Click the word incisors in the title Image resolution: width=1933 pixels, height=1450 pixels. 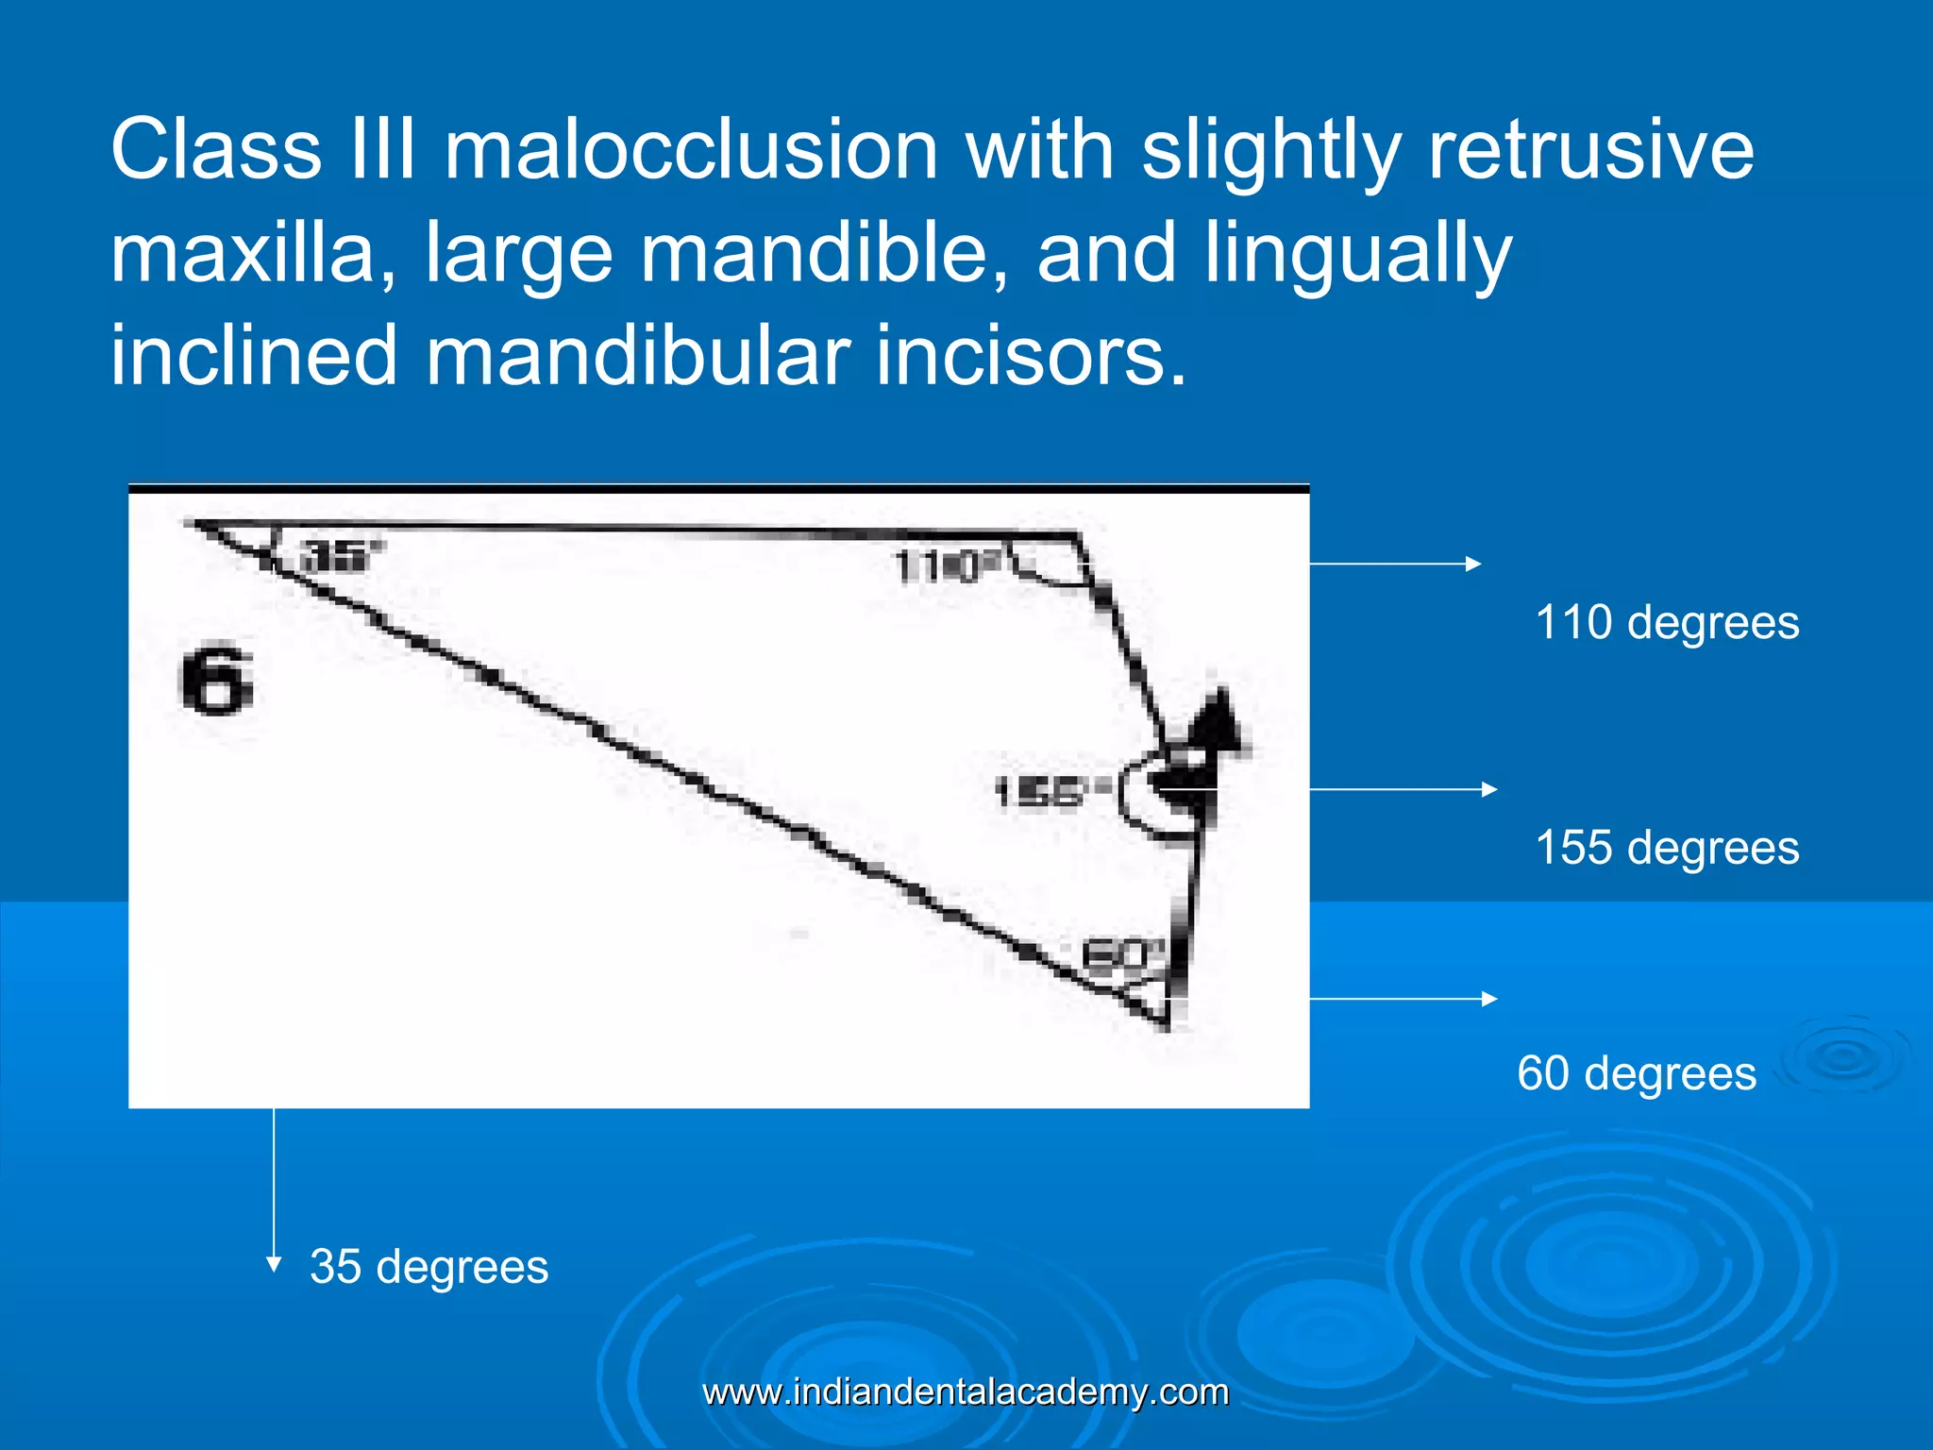1029,356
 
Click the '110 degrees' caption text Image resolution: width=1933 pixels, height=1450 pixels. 1667,623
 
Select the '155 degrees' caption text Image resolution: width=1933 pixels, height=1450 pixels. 1667,848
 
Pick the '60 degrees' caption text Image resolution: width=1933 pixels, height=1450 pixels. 1637,1073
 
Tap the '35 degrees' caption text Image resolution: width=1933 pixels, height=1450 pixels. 429,1267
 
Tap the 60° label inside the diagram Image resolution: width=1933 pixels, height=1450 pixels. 1118,955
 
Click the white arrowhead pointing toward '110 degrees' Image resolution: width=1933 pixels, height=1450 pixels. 1473,564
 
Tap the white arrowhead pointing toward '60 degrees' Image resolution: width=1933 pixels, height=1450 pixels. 1489,999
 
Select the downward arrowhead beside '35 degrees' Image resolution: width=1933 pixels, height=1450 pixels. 274,1264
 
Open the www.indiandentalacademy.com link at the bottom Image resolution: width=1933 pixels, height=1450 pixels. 966,1392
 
